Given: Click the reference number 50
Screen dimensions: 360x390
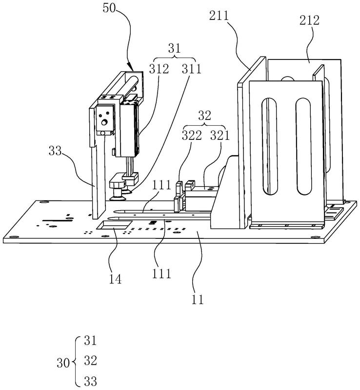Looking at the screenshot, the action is pyautogui.click(x=109, y=8).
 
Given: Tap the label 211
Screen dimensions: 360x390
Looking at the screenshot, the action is pyautogui.click(x=219, y=16).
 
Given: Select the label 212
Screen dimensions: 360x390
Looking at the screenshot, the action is pyautogui.click(x=309, y=20).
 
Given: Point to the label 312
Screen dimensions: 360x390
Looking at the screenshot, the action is pyautogui.click(x=159, y=69).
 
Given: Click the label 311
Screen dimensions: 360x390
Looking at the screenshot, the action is pyautogui.click(x=191, y=69).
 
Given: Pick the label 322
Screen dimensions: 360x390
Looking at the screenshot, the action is pyautogui.click(x=192, y=136).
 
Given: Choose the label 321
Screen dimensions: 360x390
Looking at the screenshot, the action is pyautogui.click(x=220, y=136).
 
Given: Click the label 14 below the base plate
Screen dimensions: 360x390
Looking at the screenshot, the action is pyautogui.click(x=115, y=279).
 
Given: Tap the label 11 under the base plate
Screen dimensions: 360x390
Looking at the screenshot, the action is pyautogui.click(x=198, y=299).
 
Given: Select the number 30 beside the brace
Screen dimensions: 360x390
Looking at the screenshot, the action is pyautogui.click(x=63, y=363).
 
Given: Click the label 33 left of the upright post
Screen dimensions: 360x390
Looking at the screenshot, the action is pyautogui.click(x=55, y=151).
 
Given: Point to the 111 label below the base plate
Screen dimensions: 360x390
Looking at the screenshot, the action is pyautogui.click(x=162, y=273).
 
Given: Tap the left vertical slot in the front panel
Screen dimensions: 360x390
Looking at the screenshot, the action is pyautogui.click(x=269, y=146).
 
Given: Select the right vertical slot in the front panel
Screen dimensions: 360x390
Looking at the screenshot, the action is pyautogui.click(x=303, y=146).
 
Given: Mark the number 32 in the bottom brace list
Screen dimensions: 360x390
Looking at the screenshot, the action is pyautogui.click(x=90, y=360).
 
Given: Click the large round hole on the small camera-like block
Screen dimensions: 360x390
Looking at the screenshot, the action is pyautogui.click(x=104, y=122).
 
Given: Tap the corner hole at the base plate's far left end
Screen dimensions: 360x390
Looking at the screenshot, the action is pyautogui.click(x=14, y=237).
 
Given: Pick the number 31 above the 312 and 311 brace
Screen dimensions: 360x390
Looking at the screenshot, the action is pyautogui.click(x=174, y=48).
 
